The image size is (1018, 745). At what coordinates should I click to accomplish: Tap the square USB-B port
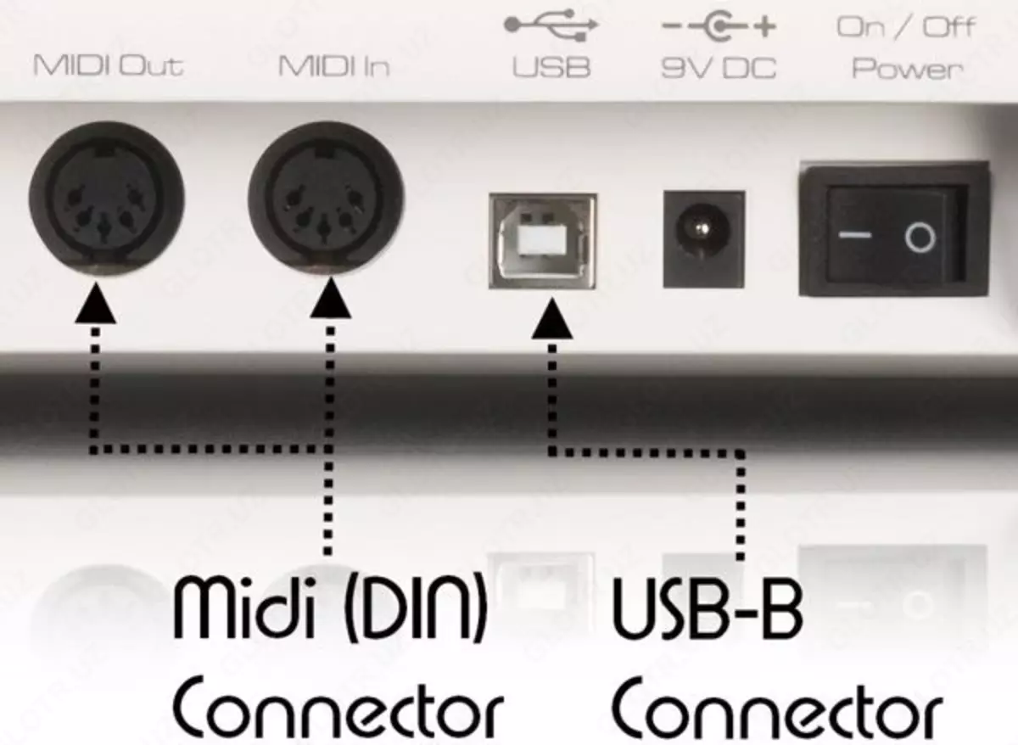pos(542,239)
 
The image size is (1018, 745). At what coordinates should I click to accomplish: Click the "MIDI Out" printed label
pos(108,66)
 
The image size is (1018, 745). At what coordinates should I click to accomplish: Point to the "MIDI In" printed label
pos(334,66)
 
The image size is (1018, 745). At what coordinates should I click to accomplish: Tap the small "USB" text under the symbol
pos(551,67)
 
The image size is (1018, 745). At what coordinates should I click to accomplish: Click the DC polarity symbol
pos(719,27)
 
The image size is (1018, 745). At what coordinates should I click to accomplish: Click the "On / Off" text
pos(907,27)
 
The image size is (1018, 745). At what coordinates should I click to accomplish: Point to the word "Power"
pos(907,68)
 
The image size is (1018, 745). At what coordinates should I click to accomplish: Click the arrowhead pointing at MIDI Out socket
pos(95,303)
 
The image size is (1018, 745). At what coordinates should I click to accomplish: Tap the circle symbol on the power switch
pos(920,239)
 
